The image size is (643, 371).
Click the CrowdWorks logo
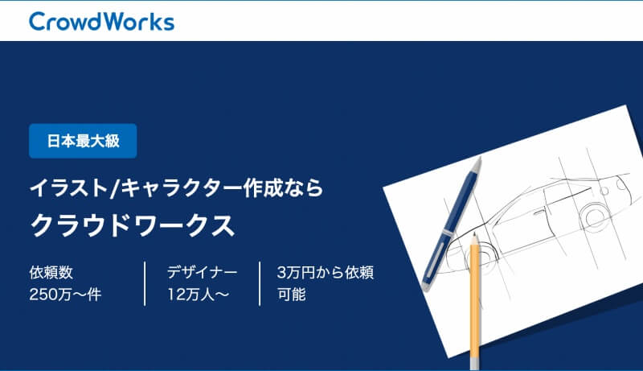coord(102,22)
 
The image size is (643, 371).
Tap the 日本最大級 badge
coord(83,141)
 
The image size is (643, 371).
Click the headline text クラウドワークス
coord(133,225)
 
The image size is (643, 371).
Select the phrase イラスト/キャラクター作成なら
coord(177,188)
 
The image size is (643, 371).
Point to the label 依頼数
coord(51,273)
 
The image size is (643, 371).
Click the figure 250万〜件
coord(65,295)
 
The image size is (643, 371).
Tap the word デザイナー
coord(202,273)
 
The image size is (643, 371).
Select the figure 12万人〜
coord(198,295)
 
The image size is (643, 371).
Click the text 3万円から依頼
coord(326,273)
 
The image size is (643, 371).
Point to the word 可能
coord(291,295)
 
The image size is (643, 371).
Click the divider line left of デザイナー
coord(145,283)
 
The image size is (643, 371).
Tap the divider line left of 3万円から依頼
coord(260,283)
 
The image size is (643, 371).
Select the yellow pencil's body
coord(474,300)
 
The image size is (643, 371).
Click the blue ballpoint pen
coord(451,224)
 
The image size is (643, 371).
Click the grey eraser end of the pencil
coord(474,364)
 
